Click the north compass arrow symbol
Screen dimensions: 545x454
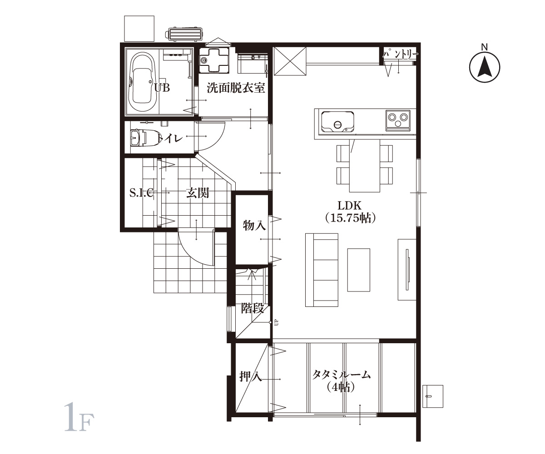(485, 67)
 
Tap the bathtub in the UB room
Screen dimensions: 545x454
(142, 82)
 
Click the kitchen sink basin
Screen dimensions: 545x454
(337, 122)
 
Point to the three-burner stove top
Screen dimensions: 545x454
(398, 120)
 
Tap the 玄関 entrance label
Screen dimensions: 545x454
(197, 193)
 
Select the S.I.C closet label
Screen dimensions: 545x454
(141, 193)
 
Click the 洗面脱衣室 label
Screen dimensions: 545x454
(236, 88)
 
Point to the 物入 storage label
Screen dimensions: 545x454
(254, 225)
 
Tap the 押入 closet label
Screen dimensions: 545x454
(251, 376)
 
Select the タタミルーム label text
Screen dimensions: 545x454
(342, 375)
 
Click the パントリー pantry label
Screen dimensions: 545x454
(401, 54)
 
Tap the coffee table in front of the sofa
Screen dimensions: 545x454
(359, 270)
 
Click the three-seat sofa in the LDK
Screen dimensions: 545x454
(322, 270)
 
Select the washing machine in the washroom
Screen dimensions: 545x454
(214, 60)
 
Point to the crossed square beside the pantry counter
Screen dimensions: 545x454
(290, 61)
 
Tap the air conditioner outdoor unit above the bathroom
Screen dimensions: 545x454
(184, 34)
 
